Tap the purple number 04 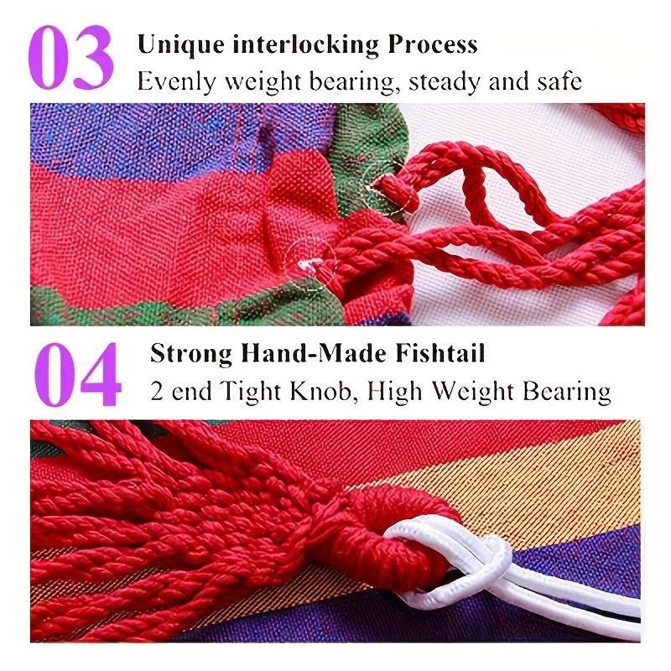tap(77, 374)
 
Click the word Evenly tap(173, 82)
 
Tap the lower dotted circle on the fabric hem tap(310, 263)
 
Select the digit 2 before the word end tap(157, 391)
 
